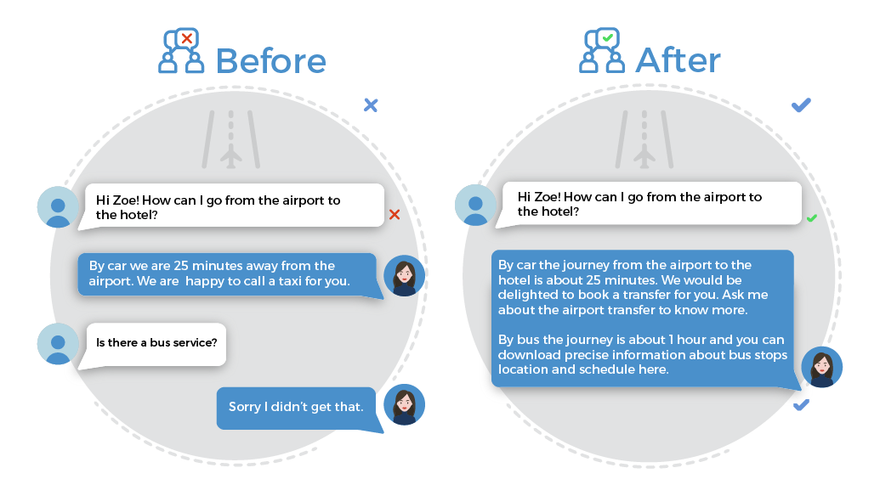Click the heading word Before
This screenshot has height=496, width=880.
click(270, 61)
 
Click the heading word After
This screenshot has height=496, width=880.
click(678, 60)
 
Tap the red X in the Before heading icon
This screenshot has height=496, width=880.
click(187, 39)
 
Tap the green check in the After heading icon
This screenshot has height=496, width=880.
click(607, 38)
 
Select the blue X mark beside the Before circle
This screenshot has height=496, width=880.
click(371, 104)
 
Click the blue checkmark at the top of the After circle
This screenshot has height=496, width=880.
click(801, 104)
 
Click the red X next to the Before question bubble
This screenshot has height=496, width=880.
click(395, 214)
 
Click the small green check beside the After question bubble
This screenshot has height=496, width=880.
click(811, 218)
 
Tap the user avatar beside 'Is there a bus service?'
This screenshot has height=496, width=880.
click(58, 344)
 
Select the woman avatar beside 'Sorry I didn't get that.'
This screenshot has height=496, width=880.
click(404, 404)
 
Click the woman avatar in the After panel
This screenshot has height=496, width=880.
click(821, 367)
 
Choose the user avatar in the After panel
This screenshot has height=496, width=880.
click(475, 206)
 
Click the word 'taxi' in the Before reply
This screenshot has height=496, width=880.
click(290, 281)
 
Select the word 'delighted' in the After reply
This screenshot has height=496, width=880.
click(525, 296)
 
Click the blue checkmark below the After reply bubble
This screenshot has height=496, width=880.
click(801, 404)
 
